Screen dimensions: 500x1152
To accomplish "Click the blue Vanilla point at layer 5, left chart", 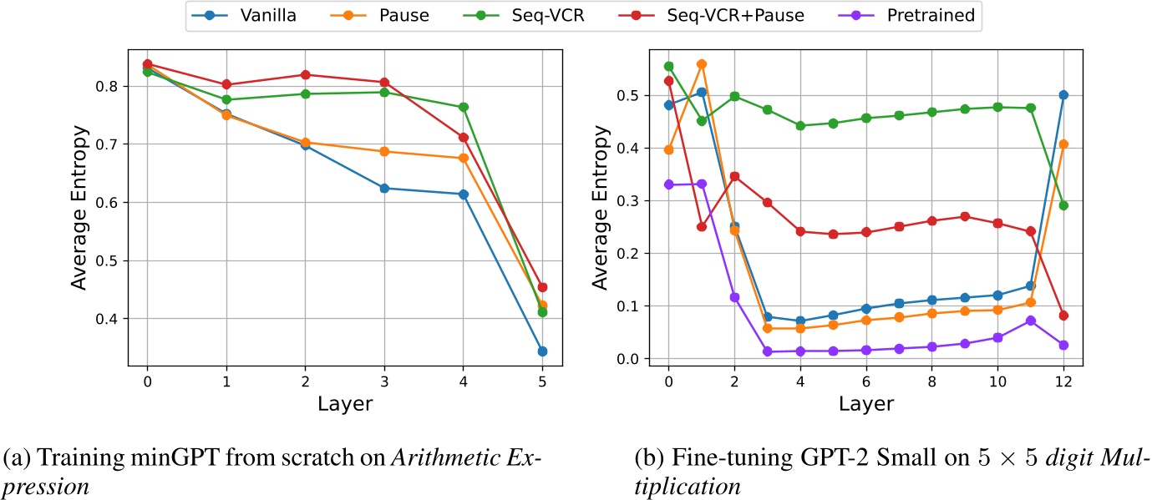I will click(x=542, y=351).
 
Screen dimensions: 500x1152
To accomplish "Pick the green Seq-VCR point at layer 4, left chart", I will click(x=464, y=107).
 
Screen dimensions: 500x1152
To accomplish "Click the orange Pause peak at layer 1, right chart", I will click(x=701, y=64).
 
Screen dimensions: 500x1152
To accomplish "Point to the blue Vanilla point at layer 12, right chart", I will click(x=1063, y=95).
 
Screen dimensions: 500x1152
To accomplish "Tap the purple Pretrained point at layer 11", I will click(x=1030, y=321).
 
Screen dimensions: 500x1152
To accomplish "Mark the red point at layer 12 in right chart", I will click(x=1063, y=316).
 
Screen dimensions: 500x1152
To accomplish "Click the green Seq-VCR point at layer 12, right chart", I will click(x=1063, y=205).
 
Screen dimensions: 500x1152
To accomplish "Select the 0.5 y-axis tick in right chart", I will click(x=635, y=95).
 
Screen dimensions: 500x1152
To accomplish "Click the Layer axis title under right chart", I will click(x=865, y=404).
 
